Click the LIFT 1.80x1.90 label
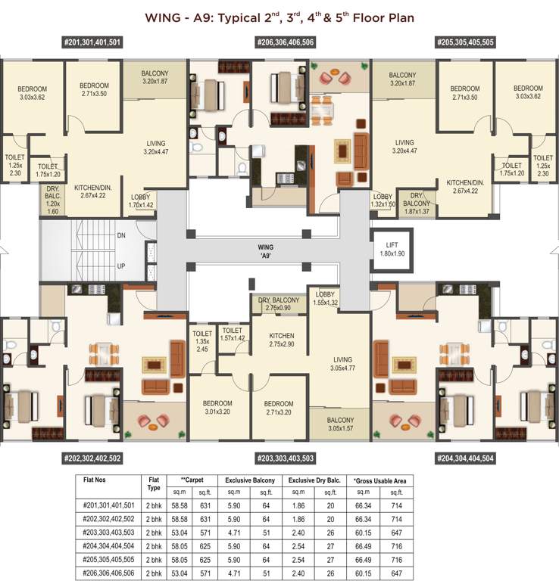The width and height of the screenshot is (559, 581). [392, 248]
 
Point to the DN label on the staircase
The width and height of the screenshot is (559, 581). [121, 236]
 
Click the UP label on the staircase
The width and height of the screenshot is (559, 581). [121, 266]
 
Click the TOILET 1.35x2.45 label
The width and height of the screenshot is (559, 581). [202, 340]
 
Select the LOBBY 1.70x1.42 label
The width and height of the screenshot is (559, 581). [141, 200]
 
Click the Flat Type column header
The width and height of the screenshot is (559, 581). [154, 483]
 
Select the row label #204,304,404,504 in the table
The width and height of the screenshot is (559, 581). [108, 545]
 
